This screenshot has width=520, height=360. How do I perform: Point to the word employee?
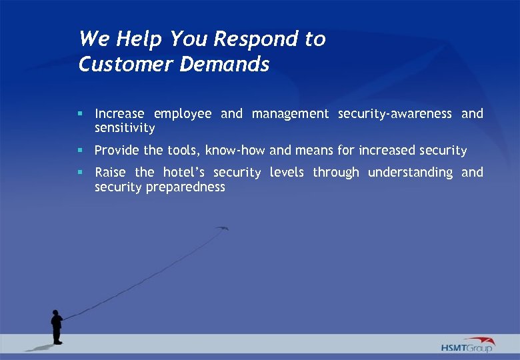point(183,114)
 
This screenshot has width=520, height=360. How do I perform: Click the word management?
point(290,114)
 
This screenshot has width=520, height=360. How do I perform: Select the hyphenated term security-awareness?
point(395,114)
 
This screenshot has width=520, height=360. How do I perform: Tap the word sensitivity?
point(125,128)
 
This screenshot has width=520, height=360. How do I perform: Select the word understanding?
point(410,173)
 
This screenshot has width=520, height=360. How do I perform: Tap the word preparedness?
point(186,187)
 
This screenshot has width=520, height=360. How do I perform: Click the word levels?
point(287,173)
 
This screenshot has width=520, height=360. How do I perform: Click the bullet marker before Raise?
point(80,172)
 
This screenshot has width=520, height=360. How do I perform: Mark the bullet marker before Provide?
point(80,150)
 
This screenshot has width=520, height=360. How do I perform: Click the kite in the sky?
point(222,229)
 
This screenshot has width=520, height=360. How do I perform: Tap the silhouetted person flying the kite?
point(57,327)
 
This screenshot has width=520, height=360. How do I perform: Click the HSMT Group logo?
point(468,345)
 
